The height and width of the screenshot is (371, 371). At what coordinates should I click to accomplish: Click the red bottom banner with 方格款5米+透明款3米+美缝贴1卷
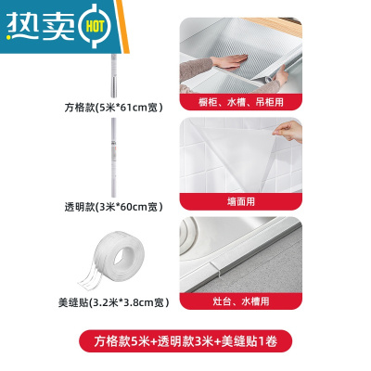[185, 343]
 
